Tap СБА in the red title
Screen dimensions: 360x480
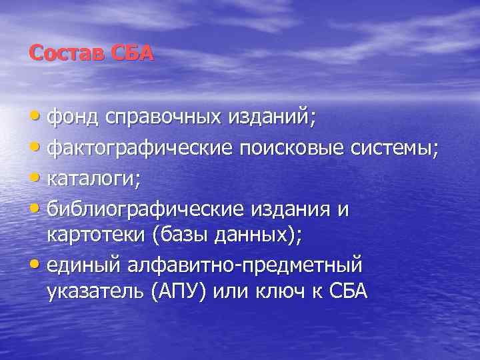point(132,53)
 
